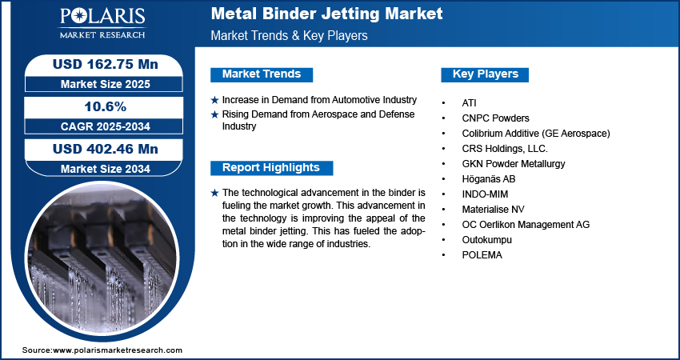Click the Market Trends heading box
coord(262,74)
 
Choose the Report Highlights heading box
coord(271,168)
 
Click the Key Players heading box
coord(486,74)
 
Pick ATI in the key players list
coord(469,103)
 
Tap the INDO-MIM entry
coord(485,194)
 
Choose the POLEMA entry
coord(482,254)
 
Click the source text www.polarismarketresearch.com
coord(118,350)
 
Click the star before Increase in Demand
coord(214,101)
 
